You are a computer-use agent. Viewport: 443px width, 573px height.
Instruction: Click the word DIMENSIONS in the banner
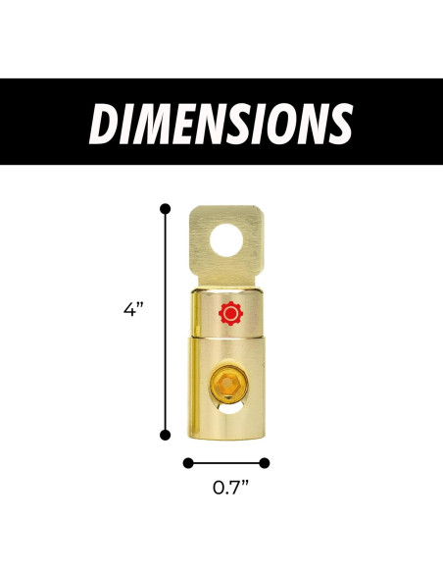[221, 124]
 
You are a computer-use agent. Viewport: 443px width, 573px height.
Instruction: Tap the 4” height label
[131, 310]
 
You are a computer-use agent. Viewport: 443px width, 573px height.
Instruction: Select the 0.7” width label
[230, 488]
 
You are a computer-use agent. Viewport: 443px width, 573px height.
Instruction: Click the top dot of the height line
[166, 209]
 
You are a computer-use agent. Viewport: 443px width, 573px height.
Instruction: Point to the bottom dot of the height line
[166, 435]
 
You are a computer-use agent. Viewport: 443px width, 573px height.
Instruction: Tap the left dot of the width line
[188, 463]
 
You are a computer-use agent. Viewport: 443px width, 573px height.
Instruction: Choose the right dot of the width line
[265, 463]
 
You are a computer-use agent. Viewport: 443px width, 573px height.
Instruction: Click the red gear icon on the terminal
[230, 314]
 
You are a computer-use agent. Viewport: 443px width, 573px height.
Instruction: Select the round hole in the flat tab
[226, 240]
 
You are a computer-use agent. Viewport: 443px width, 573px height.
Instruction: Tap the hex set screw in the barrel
[228, 384]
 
